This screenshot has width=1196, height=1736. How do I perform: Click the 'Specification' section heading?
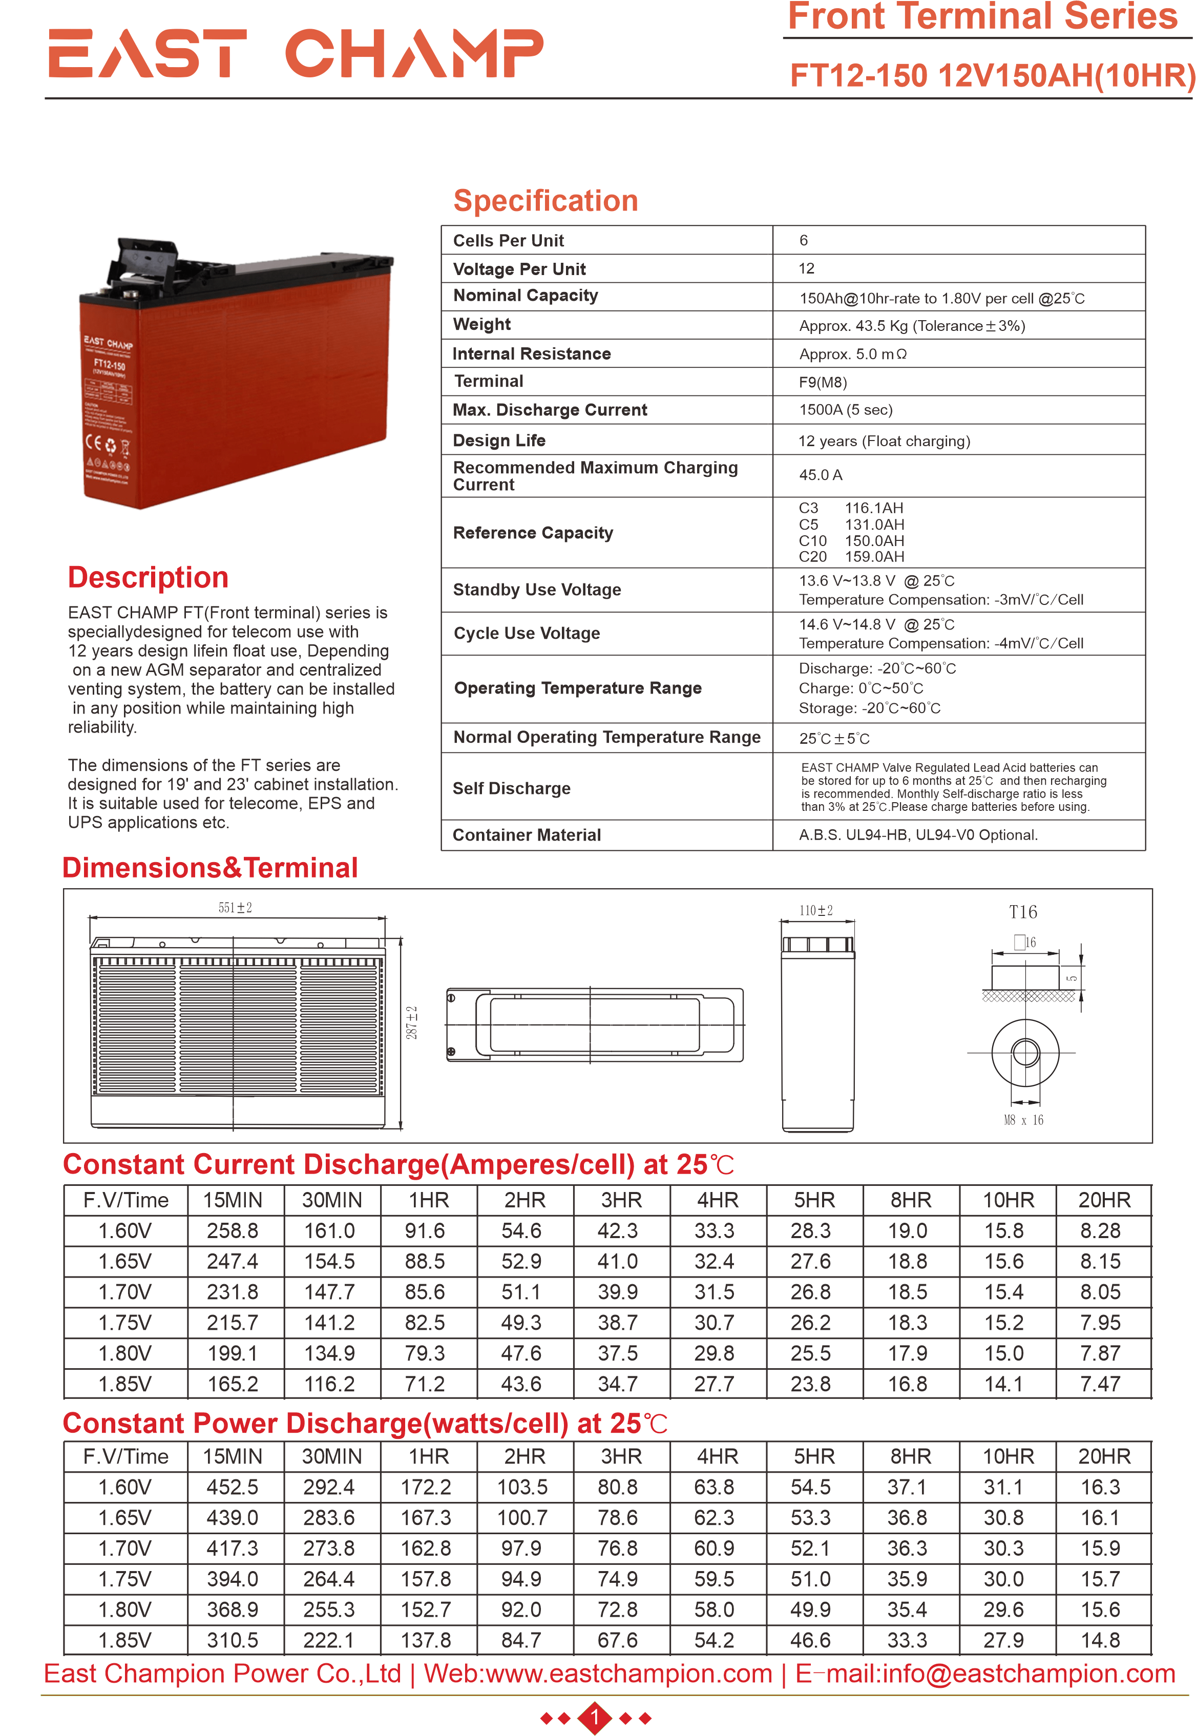point(545,201)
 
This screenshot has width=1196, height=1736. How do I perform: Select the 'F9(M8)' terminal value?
point(822,382)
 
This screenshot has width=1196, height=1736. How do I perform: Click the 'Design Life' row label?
point(498,441)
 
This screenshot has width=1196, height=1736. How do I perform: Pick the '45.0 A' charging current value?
point(820,475)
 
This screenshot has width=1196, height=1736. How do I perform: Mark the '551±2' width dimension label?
point(235,908)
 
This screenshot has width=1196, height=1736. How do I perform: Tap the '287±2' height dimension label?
point(411,1023)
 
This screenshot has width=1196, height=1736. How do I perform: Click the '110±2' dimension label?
point(815,911)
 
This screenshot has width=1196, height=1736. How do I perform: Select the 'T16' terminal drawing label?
point(1022,912)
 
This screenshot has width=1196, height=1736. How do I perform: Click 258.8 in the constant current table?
point(233,1231)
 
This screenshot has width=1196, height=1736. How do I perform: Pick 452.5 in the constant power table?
point(233,1487)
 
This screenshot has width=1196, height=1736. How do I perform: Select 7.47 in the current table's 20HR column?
point(1100,1384)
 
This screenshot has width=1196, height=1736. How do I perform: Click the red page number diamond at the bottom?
point(596,1717)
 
